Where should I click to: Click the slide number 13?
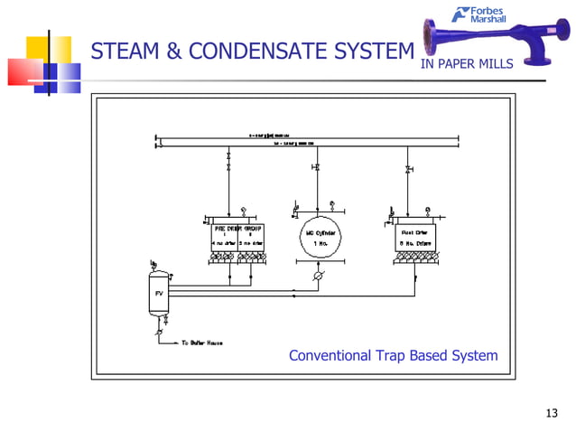click(553, 414)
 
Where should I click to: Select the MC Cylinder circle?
click(317, 235)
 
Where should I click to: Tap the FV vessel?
click(158, 294)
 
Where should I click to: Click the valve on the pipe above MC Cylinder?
click(317, 168)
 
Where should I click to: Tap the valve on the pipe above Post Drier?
click(409, 169)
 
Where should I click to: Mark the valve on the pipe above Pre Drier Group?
click(228, 169)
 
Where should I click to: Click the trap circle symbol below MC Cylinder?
click(317, 277)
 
